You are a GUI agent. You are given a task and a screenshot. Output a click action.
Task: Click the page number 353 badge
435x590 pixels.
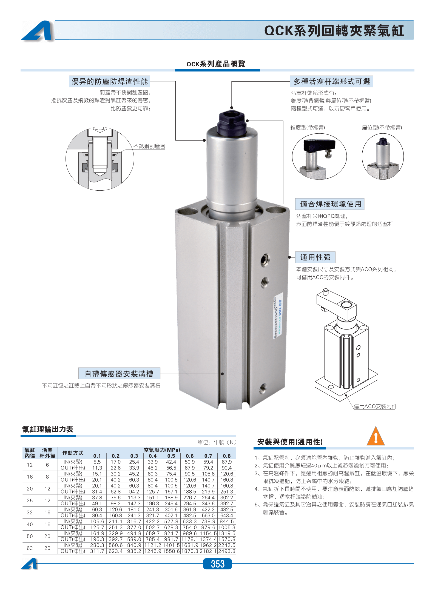[217, 564]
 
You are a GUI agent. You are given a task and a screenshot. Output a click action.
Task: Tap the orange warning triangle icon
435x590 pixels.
[376, 436]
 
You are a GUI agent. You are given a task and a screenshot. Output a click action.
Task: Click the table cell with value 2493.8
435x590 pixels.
[227, 551]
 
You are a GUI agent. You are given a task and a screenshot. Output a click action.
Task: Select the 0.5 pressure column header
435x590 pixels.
[171, 456]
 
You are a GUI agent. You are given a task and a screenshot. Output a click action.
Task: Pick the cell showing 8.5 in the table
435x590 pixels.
[97, 462]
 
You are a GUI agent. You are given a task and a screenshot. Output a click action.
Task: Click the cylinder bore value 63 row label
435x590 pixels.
[30, 548]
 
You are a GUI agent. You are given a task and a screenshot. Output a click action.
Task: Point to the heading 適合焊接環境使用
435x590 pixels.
[331, 204]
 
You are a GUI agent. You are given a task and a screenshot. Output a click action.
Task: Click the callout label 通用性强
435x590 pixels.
[315, 257]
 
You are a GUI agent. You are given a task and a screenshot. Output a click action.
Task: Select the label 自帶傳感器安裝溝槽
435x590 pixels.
[119, 374]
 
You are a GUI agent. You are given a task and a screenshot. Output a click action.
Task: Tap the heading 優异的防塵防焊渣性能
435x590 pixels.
[110, 81]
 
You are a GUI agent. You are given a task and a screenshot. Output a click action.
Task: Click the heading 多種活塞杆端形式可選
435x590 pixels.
[332, 81]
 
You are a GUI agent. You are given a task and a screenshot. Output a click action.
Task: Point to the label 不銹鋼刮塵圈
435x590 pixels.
[149, 146]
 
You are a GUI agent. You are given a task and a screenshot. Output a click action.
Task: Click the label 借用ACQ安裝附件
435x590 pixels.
[375, 406]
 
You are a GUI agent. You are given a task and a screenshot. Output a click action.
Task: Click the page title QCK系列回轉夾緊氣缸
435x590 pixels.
[334, 30]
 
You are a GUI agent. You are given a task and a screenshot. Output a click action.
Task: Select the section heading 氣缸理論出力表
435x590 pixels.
[48, 429]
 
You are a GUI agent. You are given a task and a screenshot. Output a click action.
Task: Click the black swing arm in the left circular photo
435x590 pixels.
[320, 144]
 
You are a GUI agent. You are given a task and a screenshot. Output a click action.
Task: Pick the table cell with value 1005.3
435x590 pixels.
[227, 527]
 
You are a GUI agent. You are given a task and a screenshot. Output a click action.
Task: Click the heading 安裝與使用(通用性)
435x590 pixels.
[290, 442]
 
